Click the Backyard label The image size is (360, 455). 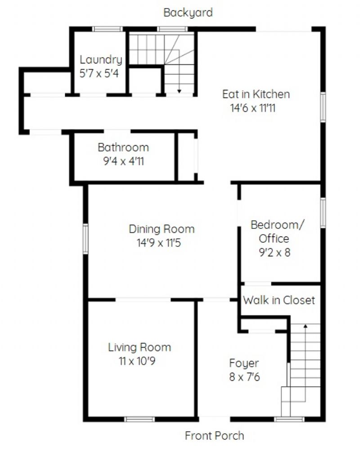(x=188, y=13)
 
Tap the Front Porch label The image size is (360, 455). (x=214, y=436)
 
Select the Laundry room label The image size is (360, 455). (x=101, y=60)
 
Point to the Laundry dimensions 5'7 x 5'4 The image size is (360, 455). (x=99, y=73)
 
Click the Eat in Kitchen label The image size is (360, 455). (x=256, y=94)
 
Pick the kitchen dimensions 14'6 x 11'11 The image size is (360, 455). (x=252, y=108)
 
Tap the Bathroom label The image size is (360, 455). (x=123, y=147)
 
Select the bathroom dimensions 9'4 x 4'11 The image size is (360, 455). (x=123, y=161)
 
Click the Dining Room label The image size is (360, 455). (x=162, y=229)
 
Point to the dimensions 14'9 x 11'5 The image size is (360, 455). (x=159, y=243)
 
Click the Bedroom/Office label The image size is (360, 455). (x=277, y=232)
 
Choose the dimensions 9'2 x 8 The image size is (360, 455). (x=274, y=253)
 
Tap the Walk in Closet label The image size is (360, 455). (x=279, y=300)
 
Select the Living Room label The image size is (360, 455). (x=139, y=348)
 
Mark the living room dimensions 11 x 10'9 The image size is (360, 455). (x=137, y=361)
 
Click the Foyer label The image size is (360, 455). (x=244, y=363)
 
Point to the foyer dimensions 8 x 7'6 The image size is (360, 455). (x=244, y=377)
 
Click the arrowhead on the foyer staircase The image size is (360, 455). (x=306, y=326)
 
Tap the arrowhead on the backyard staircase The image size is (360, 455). (x=180, y=91)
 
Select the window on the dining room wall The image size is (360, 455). (x=85, y=239)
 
